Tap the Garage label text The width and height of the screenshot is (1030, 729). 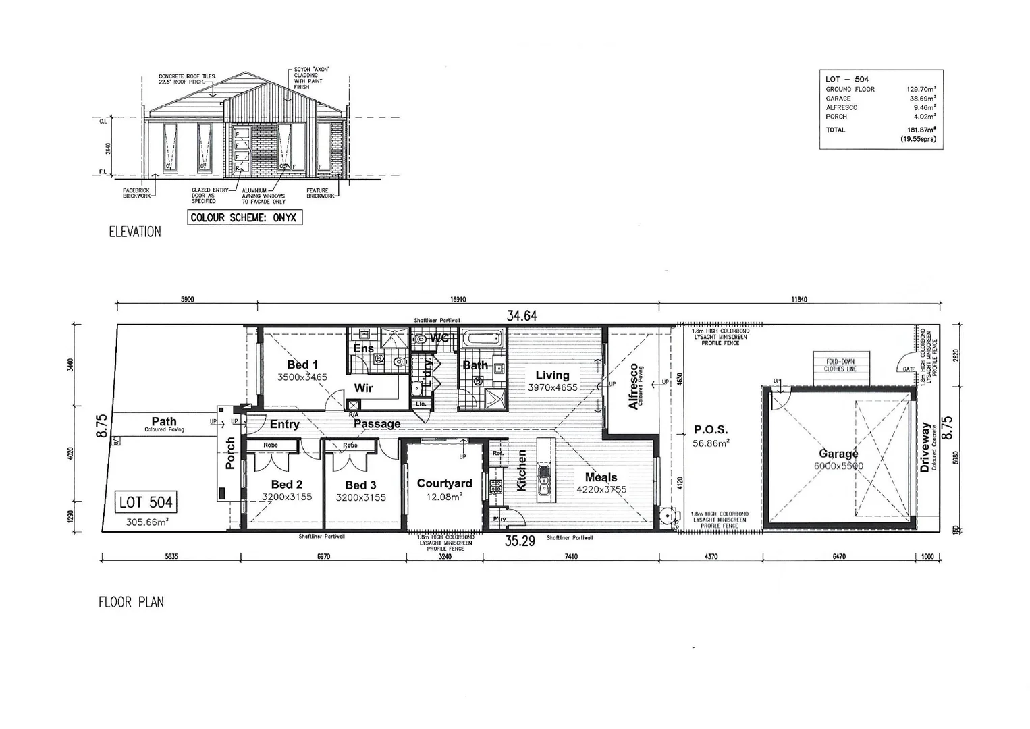click(x=838, y=454)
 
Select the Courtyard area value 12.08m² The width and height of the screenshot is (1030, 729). click(x=444, y=497)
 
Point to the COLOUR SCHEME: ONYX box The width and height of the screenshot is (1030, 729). click(x=244, y=217)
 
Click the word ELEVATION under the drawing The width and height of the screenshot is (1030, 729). click(x=135, y=232)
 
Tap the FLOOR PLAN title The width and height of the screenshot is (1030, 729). click(x=131, y=602)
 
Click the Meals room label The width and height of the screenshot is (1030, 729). click(x=601, y=477)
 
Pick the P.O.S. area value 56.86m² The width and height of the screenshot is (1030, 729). click(x=710, y=443)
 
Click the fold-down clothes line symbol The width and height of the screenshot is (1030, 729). click(x=840, y=366)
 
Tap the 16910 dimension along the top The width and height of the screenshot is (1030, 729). click(x=457, y=299)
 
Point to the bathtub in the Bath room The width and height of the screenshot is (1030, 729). click(x=482, y=337)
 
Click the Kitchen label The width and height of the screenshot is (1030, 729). click(x=521, y=470)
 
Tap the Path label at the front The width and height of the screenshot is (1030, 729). click(x=163, y=421)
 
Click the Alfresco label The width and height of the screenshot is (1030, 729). click(x=633, y=386)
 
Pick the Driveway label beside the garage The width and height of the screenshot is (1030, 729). click(x=925, y=448)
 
